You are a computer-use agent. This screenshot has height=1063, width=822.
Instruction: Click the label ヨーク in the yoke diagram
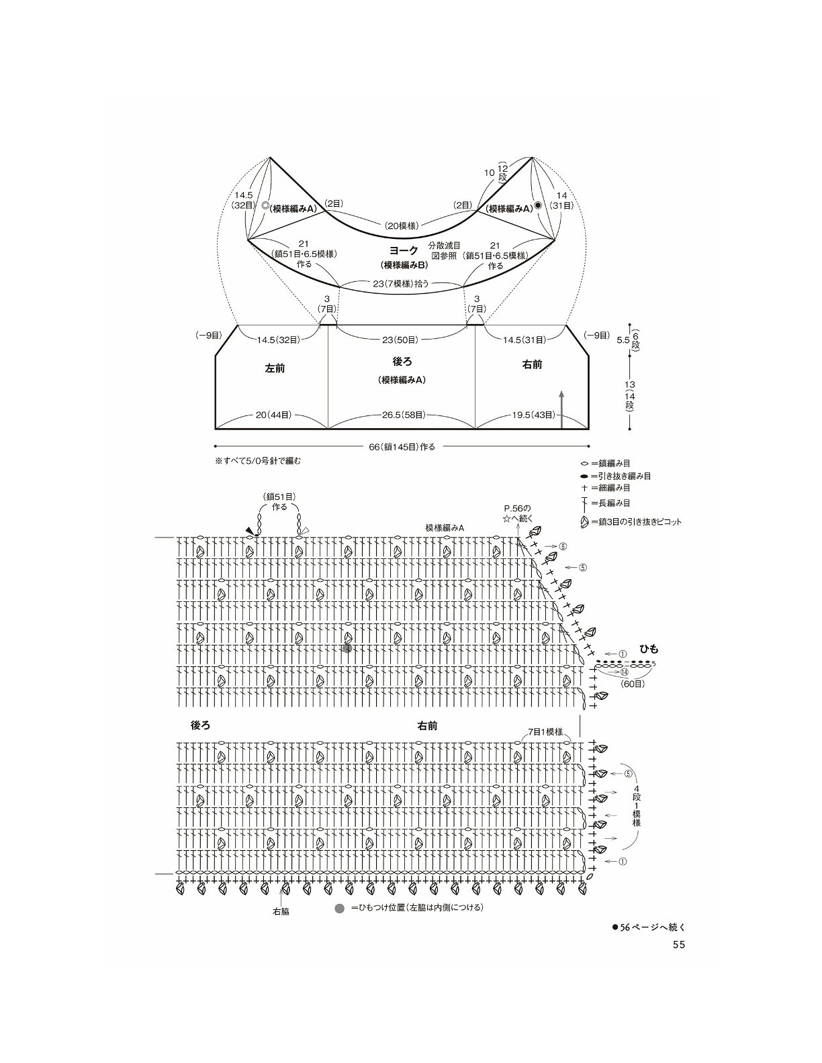pyautogui.click(x=404, y=250)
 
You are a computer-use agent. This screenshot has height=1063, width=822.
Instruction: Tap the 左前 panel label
pyautogui.click(x=275, y=368)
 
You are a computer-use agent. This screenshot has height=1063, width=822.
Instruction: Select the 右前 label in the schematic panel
pyautogui.click(x=532, y=364)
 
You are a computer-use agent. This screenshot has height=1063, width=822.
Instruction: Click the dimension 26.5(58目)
pyautogui.click(x=404, y=415)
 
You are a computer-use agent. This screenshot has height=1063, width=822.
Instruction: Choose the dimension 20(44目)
pyautogui.click(x=273, y=415)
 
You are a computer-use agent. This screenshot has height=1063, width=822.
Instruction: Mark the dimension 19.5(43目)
pyautogui.click(x=534, y=415)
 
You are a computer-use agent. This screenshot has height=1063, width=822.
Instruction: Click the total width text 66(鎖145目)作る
pyautogui.click(x=402, y=446)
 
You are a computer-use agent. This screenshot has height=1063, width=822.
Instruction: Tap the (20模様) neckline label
pyautogui.click(x=401, y=225)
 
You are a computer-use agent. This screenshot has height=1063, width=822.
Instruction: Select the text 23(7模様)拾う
pyautogui.click(x=402, y=283)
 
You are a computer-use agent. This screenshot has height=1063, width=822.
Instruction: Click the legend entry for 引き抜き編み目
pyautogui.click(x=615, y=476)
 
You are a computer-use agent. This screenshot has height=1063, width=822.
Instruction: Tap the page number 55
pyautogui.click(x=678, y=958)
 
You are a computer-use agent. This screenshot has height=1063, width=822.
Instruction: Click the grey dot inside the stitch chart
pyautogui.click(x=347, y=649)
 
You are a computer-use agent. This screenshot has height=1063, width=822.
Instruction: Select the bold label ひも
pyautogui.click(x=649, y=649)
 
